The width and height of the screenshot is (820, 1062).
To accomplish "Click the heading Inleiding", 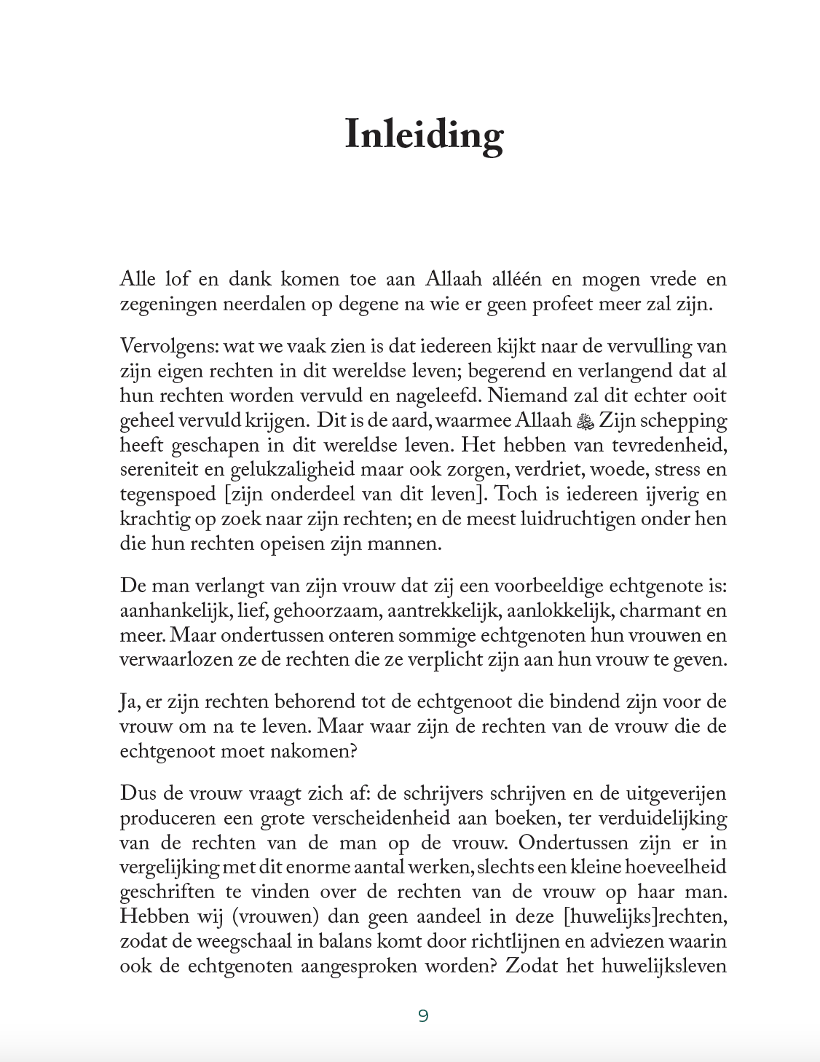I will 424,135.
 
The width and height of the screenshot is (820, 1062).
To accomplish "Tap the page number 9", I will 423,1015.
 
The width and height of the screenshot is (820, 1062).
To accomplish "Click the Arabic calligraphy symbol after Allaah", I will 586,421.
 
